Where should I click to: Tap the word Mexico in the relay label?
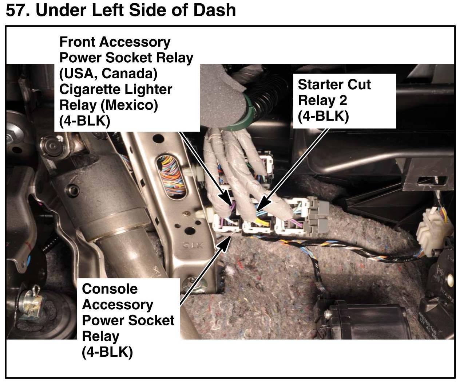click(129, 105)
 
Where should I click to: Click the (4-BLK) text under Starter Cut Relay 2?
click(324, 116)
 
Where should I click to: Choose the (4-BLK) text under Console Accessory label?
click(107, 352)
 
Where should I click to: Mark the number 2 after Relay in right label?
click(343, 100)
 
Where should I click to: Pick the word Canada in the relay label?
click(130, 74)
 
